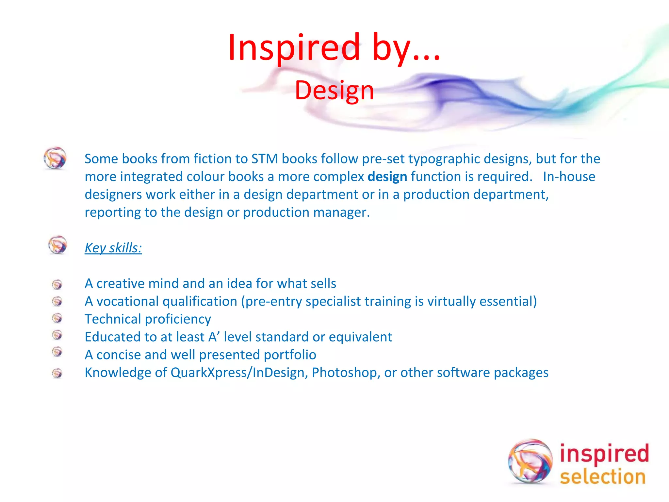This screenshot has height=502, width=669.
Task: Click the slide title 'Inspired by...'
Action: click(334, 48)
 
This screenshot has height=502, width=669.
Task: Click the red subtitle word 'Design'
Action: click(334, 91)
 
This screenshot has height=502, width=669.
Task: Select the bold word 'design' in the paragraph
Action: click(387, 177)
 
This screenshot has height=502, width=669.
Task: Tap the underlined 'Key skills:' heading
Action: click(113, 248)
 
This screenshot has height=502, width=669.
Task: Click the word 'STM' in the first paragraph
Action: click(265, 159)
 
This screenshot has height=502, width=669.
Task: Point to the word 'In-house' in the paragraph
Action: click(569, 177)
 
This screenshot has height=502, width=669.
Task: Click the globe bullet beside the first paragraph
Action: click(55, 158)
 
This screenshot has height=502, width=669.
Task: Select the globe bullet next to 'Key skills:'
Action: click(57, 245)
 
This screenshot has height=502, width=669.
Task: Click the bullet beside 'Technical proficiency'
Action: click(57, 318)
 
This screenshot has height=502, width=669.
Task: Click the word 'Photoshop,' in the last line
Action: click(346, 373)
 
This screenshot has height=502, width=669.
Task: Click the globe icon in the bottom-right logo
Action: click(530, 461)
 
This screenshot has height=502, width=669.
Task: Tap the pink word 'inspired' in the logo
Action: click(604, 454)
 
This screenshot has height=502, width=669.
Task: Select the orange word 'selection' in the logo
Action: click(603, 477)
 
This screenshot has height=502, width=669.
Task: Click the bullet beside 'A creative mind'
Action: click(57, 284)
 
